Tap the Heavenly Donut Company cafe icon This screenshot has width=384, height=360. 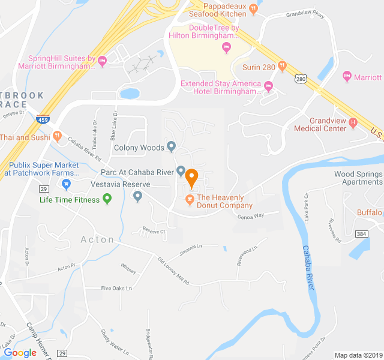190,198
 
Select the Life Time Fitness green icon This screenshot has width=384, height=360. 107,199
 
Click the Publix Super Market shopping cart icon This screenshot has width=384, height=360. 67,183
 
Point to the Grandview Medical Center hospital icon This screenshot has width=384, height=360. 353,124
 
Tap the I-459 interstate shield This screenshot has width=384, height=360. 43,119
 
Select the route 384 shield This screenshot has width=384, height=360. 361,233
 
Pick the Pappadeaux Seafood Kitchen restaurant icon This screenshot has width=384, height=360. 253,8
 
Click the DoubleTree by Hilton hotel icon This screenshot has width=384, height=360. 226,47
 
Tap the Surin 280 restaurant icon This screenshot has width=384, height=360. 282,66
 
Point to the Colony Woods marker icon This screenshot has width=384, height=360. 172,146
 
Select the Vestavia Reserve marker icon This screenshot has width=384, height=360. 137,195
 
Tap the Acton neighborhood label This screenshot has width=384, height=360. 97,239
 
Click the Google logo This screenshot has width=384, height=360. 20,353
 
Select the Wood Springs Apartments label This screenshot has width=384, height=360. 358,178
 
